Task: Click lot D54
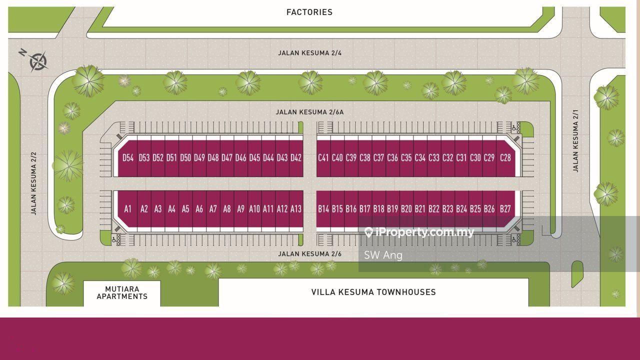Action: pos(128,158)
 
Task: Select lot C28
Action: pos(505,158)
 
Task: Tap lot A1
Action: pos(128,209)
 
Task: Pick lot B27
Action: pos(505,209)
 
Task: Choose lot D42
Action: pos(296,158)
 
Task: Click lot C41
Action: pos(323,158)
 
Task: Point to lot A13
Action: pos(296,209)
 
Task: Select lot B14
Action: pos(323,209)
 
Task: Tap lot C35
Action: pos(406,158)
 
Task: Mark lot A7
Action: pos(213,209)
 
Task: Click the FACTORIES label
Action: pos(309,12)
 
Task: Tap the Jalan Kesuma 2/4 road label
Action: pos(309,53)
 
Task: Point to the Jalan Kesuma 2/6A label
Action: pos(309,112)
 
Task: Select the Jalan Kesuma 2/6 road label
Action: pos(309,254)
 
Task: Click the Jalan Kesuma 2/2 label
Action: pos(34,183)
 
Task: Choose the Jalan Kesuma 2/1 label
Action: pos(575,140)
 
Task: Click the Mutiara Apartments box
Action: pos(122,293)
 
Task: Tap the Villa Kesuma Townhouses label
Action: pos(373,292)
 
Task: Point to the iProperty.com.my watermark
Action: pos(419,232)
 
